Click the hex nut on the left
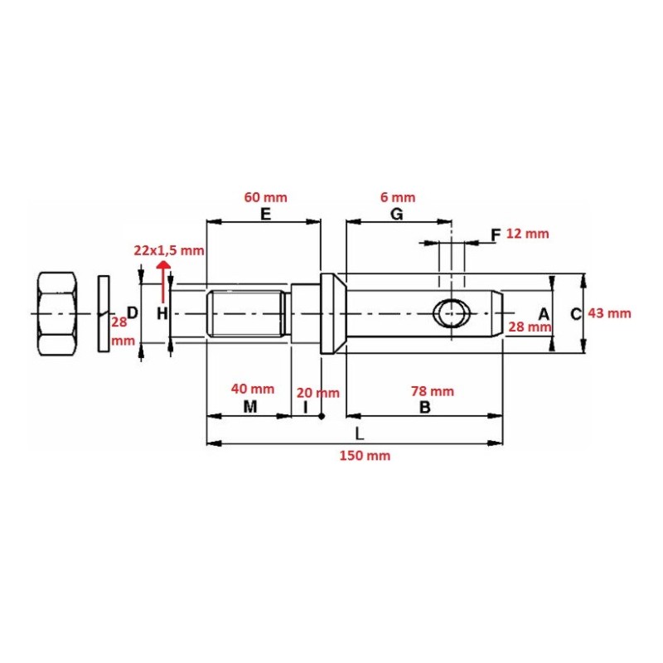(57, 313)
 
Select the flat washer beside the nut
(104, 313)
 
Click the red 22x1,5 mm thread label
(169, 251)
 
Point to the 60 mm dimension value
(265, 197)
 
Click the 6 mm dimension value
(398, 197)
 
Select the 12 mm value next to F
(528, 234)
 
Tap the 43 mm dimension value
(609, 313)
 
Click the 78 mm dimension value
(433, 391)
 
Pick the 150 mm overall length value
(365, 455)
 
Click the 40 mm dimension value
(253, 389)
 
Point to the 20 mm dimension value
(318, 393)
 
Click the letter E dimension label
(265, 215)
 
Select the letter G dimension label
(397, 215)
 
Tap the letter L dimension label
(360, 433)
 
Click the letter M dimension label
(250, 407)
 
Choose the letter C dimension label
(576, 314)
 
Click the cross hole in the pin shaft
(452, 313)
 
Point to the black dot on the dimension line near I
(322, 416)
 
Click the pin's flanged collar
(333, 313)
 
